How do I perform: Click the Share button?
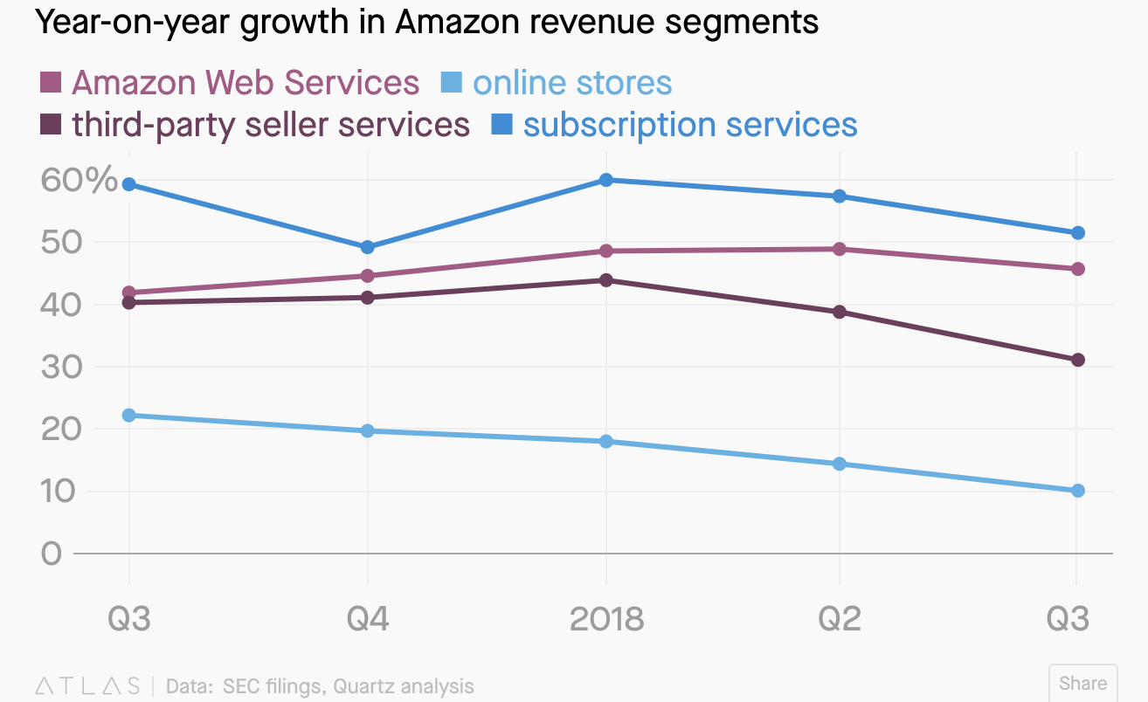(x=1083, y=684)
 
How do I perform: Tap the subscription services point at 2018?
(x=606, y=180)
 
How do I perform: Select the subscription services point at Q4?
(x=368, y=247)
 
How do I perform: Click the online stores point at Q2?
(x=840, y=464)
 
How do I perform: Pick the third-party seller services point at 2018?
(x=606, y=280)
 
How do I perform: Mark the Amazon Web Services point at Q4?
(x=368, y=276)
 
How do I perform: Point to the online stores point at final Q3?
(x=1078, y=491)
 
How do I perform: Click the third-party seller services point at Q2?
(x=840, y=312)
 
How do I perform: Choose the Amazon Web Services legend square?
(x=51, y=82)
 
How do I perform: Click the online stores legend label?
(x=572, y=82)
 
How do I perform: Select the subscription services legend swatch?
(x=501, y=125)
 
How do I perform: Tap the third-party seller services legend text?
(x=271, y=125)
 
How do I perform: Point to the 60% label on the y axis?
(x=79, y=180)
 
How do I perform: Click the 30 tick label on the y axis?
(x=61, y=367)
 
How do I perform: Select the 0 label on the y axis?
(x=52, y=554)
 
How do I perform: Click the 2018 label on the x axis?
(x=607, y=619)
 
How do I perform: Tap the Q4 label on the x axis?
(x=368, y=619)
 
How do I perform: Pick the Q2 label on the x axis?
(x=840, y=619)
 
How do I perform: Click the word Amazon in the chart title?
(x=458, y=22)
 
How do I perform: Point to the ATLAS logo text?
(x=87, y=685)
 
